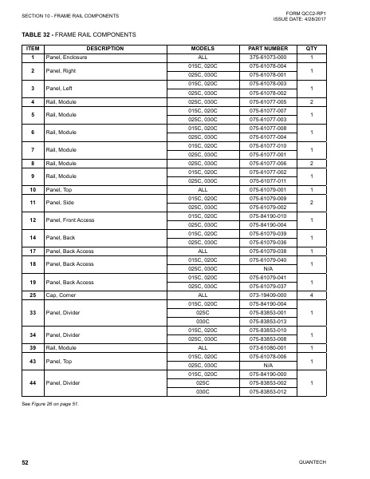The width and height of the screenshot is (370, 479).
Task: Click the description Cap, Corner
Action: tap(61, 295)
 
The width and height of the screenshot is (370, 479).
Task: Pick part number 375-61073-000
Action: tap(267, 58)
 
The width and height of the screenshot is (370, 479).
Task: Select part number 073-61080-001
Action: tap(267, 348)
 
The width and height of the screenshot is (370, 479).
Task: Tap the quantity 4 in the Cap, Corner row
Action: tap(312, 295)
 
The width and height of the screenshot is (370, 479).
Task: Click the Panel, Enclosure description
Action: tap(66, 58)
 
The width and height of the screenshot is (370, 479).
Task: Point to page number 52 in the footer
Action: tap(26, 462)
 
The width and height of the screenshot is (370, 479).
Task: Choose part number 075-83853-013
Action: tap(267, 321)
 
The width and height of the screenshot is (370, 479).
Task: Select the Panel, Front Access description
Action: tap(71, 220)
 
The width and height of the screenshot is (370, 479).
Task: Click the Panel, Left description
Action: tap(61, 88)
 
